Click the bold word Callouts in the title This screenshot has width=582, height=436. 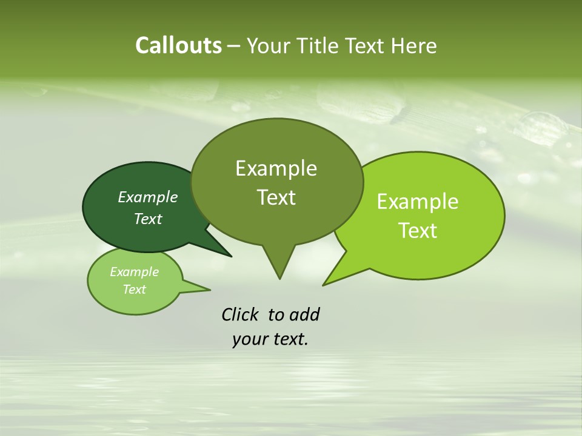click(x=178, y=45)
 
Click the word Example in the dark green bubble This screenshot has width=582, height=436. click(x=148, y=197)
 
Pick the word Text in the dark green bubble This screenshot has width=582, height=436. click(x=148, y=219)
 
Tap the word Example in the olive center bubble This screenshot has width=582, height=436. click(x=276, y=168)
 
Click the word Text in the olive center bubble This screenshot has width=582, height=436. click(x=276, y=197)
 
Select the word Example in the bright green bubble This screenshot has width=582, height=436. click(x=418, y=202)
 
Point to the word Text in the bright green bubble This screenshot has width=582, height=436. click(x=418, y=230)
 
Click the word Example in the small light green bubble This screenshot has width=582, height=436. click(x=134, y=272)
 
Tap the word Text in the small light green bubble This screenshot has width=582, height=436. click(x=134, y=289)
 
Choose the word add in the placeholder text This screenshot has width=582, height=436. click(x=304, y=314)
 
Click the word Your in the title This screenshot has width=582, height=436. click(x=269, y=45)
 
